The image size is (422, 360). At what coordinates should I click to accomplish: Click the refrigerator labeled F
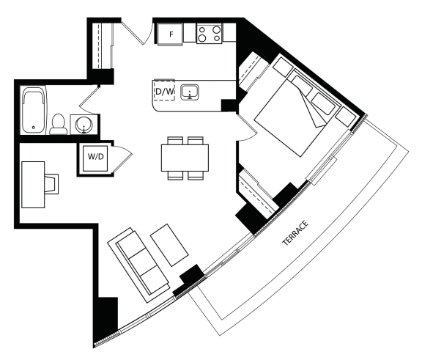[170, 34]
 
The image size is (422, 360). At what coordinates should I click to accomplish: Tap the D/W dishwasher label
[164, 92]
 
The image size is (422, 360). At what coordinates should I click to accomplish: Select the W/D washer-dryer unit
[95, 158]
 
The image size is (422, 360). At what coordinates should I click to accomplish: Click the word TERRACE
[295, 233]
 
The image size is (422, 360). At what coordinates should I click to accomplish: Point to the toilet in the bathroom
[58, 124]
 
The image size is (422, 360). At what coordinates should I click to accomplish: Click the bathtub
[33, 110]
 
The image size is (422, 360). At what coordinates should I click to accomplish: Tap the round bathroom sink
[84, 125]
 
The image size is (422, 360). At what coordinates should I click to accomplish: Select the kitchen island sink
[190, 92]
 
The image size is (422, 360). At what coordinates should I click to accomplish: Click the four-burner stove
[210, 34]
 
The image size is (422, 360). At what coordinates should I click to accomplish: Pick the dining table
[185, 158]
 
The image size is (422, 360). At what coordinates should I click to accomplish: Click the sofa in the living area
[138, 265]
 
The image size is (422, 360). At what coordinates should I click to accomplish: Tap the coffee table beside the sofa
[169, 245]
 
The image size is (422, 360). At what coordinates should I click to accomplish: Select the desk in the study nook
[33, 185]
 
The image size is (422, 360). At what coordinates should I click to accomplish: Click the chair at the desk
[52, 184]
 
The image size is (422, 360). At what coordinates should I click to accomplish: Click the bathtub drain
[34, 128]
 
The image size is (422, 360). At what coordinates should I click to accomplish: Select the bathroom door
[89, 100]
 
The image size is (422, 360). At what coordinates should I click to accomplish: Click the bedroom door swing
[246, 128]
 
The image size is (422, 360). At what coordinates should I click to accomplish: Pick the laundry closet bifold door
[122, 158]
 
